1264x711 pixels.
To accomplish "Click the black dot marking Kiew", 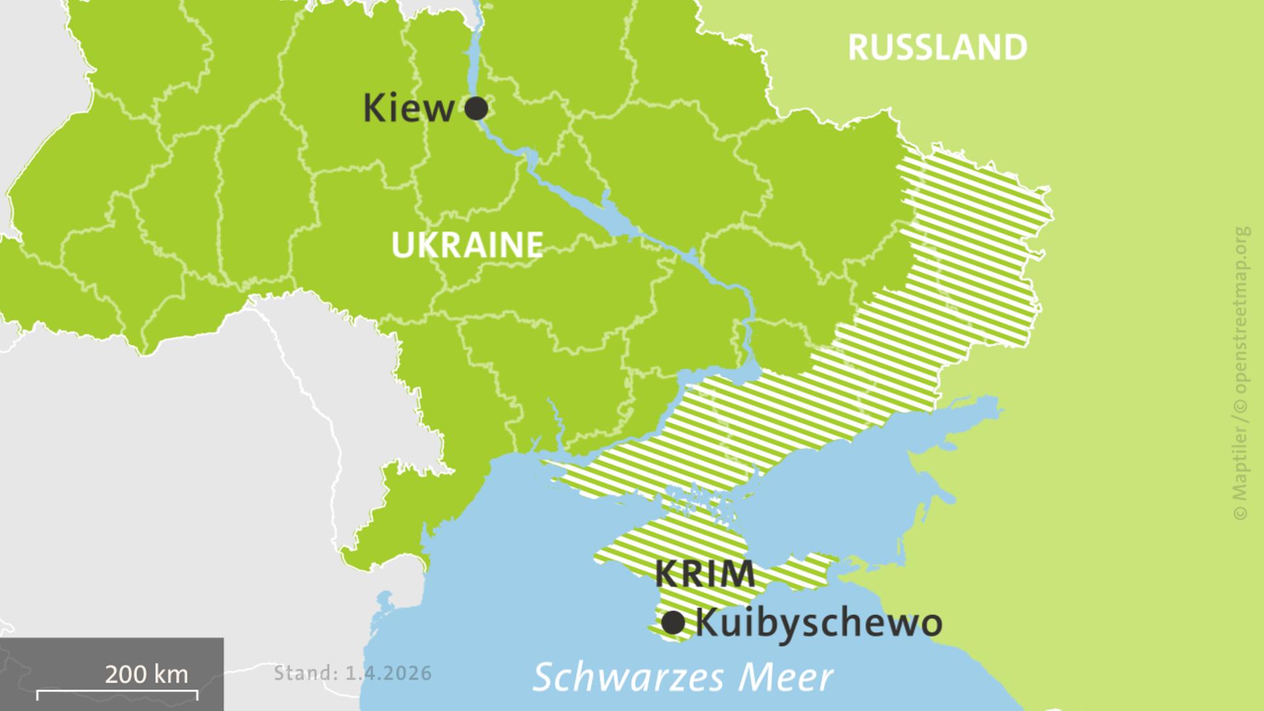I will [x=476, y=108].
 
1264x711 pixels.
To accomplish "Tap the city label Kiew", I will [x=409, y=109].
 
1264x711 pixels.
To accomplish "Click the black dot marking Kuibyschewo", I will [x=673, y=622].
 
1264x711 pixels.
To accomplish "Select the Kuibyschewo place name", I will [x=818, y=623].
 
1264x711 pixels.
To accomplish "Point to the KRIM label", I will [x=705, y=573].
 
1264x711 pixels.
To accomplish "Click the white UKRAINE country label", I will [x=467, y=245].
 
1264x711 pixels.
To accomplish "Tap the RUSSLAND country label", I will [x=937, y=47].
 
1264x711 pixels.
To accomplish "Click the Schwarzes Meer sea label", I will [x=683, y=677].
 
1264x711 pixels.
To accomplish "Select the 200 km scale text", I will [x=146, y=674].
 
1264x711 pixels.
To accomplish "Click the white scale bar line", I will [x=117, y=692].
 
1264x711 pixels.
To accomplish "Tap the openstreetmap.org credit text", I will [x=1241, y=309].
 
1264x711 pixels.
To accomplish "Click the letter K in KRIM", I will [x=666, y=573].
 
